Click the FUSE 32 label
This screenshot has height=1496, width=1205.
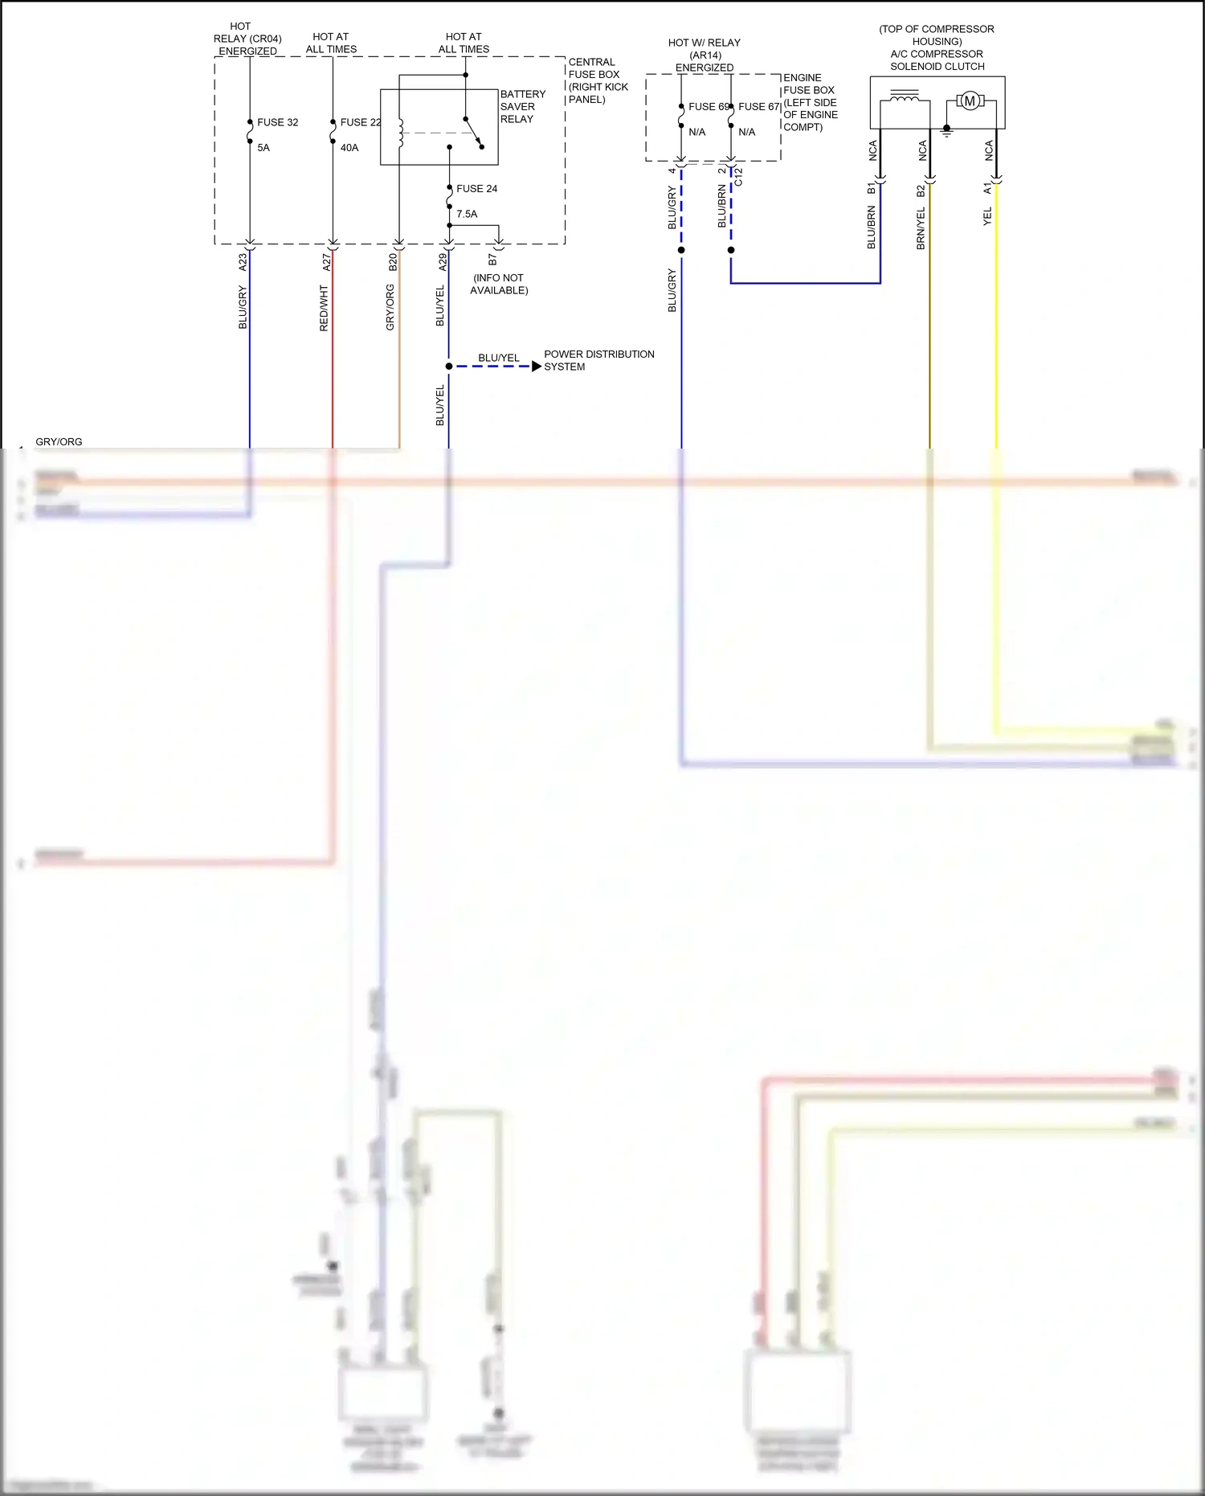click(x=277, y=122)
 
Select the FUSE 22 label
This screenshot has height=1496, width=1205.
click(x=360, y=122)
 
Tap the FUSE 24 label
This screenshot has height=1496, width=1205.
click(x=476, y=189)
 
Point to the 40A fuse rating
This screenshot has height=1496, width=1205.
click(x=349, y=148)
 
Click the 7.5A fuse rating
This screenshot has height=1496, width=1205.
click(x=467, y=214)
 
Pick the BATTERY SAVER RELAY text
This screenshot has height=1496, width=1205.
click(x=522, y=107)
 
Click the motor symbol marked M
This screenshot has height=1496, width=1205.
click(x=970, y=101)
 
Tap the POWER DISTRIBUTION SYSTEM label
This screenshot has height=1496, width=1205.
click(x=598, y=360)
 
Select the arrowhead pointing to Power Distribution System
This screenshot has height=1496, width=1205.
click(x=537, y=367)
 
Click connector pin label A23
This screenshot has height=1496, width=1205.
click(x=243, y=262)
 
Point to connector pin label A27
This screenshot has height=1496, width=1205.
click(x=326, y=262)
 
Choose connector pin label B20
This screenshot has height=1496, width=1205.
click(x=393, y=262)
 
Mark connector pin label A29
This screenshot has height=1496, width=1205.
click(x=442, y=262)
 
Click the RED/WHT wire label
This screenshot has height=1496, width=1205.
click(x=324, y=308)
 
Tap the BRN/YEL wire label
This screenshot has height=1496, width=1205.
click(x=921, y=228)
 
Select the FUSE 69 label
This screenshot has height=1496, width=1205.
click(x=708, y=107)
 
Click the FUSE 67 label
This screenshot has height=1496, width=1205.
click(x=758, y=107)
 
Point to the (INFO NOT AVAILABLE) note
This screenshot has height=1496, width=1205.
click(x=499, y=284)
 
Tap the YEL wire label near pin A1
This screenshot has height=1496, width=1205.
click(x=987, y=216)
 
